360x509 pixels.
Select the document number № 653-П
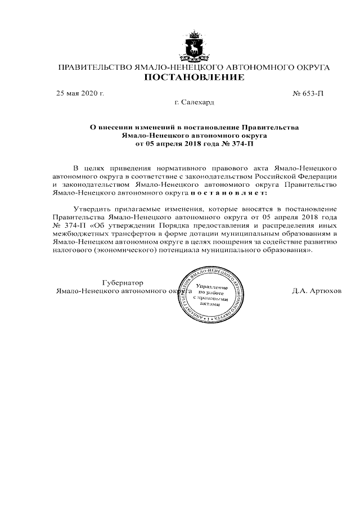(x=309, y=93)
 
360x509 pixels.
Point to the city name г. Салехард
(x=195, y=102)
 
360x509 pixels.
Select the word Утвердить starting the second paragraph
(x=94, y=209)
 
